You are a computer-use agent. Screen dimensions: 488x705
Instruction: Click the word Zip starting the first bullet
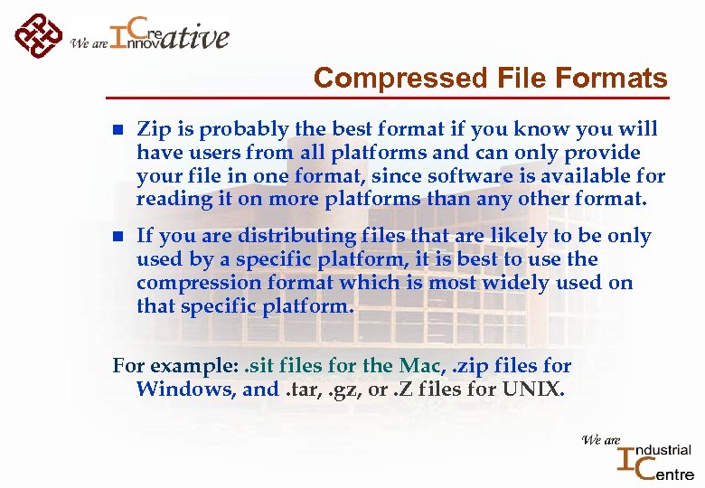153,129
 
